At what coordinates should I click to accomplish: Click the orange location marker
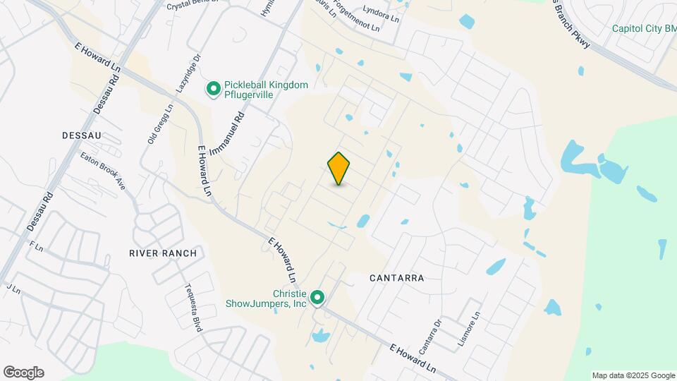[339, 169]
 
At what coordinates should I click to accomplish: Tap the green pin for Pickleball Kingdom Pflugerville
[212, 89]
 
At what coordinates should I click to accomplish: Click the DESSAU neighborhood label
[83, 135]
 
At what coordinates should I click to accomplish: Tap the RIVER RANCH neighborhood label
[157, 253]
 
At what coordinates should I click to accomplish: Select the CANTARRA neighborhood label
[397, 278]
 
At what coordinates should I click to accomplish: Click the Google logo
[23, 373]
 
